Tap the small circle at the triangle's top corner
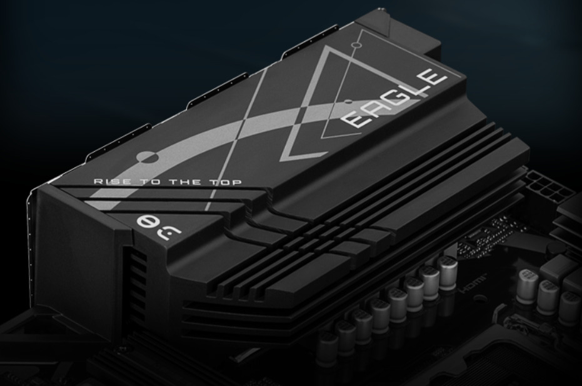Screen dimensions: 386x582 point(356,45)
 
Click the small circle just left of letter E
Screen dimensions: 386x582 point(348,99)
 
